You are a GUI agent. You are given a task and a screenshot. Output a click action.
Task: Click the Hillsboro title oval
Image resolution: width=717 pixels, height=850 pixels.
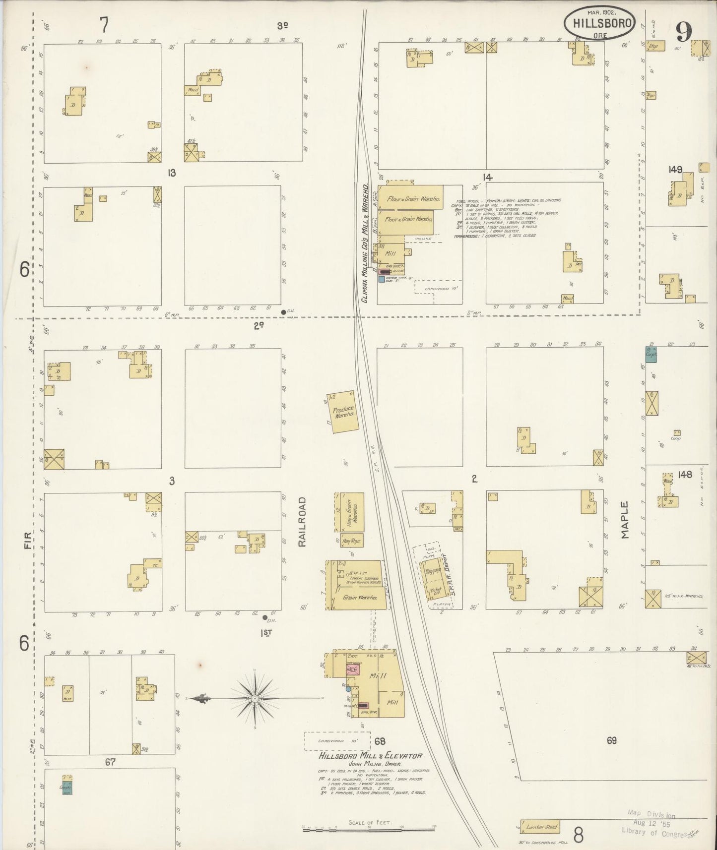599,23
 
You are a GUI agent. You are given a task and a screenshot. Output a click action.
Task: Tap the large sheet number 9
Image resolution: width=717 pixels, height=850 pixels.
683,33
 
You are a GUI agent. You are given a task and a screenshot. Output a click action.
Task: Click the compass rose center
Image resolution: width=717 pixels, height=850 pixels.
255,698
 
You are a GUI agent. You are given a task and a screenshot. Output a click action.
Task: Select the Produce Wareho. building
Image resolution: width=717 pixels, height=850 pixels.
343,412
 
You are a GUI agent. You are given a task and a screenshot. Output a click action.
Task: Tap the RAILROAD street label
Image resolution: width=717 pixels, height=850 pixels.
302,522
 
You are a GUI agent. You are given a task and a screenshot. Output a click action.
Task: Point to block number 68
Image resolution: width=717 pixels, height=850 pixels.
380,741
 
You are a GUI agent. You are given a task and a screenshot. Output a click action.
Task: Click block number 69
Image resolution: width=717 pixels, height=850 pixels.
611,740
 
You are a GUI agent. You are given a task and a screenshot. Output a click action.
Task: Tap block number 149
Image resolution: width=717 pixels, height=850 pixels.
675,170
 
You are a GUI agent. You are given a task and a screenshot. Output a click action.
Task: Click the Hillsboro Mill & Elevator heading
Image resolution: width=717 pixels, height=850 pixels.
370,756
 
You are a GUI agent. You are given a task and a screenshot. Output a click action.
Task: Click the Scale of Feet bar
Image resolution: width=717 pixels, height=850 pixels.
368,828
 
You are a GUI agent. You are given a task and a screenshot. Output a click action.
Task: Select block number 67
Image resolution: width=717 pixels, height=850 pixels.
110,762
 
